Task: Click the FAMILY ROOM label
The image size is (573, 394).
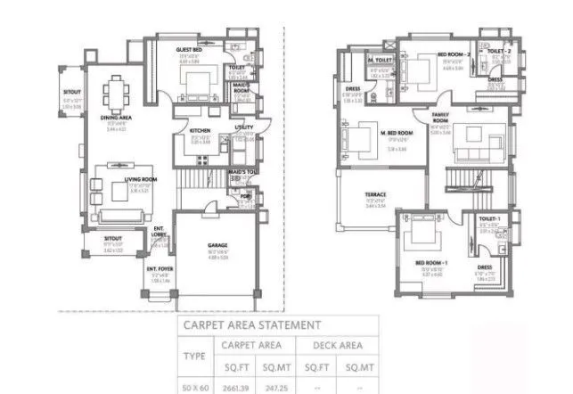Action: (x=440, y=119)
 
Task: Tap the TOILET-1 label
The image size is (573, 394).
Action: (x=487, y=219)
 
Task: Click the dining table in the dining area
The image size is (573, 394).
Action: (x=117, y=92)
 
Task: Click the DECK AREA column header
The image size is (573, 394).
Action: (x=337, y=344)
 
